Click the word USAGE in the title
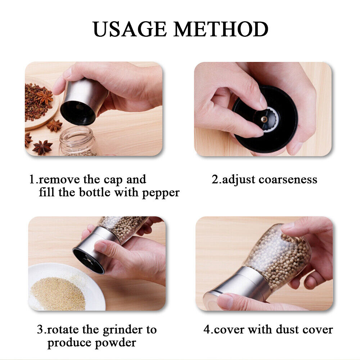(x=130, y=29)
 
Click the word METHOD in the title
(x=221, y=29)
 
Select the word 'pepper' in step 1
(x=161, y=193)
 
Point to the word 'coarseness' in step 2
(x=288, y=179)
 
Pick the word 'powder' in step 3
(x=116, y=343)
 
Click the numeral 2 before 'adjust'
(x=215, y=179)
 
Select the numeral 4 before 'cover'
(x=207, y=329)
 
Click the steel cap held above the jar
(x=84, y=102)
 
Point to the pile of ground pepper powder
(x=58, y=294)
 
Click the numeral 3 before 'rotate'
(x=40, y=329)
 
